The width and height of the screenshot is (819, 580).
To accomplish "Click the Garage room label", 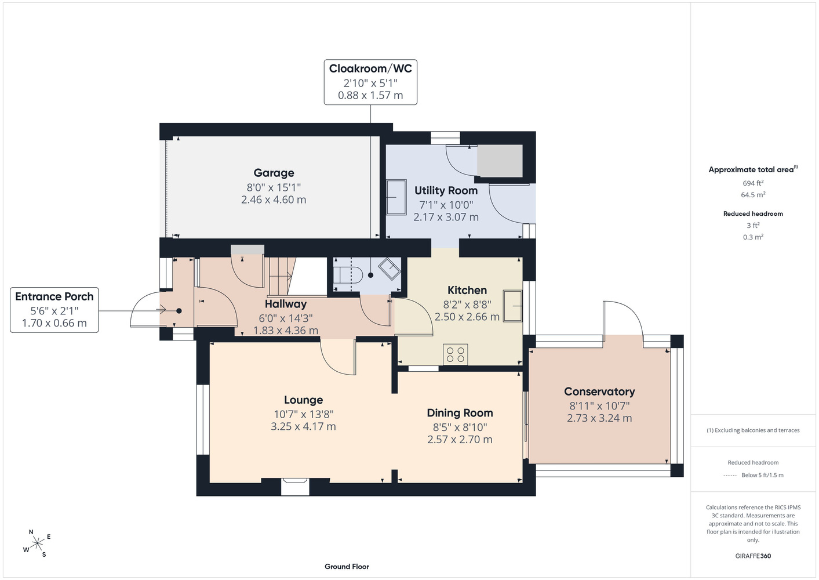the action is [x=274, y=173].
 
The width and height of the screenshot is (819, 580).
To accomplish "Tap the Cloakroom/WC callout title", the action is [x=370, y=68].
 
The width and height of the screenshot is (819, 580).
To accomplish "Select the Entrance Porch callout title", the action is [x=54, y=296].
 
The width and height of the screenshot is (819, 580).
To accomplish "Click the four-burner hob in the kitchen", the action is [x=455, y=354].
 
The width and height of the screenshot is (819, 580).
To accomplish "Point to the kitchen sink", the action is [x=512, y=306].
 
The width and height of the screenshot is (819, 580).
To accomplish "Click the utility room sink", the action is [x=396, y=197].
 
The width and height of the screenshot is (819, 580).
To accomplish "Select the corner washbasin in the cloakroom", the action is [x=390, y=269].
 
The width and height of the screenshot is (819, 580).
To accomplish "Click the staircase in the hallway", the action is [x=282, y=276].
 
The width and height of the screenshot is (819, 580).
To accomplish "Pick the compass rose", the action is [x=37, y=543].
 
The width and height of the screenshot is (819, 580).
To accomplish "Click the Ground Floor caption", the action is [x=347, y=567].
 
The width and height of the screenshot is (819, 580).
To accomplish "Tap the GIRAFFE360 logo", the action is [x=753, y=556].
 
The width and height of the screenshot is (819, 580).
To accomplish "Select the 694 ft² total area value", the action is [x=753, y=183].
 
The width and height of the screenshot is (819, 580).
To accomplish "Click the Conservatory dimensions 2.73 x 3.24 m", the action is [x=599, y=418].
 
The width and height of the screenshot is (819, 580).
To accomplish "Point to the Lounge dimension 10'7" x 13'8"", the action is [x=304, y=414].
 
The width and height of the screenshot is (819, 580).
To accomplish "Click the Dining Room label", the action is [x=460, y=413].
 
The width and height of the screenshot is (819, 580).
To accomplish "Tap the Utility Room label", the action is [x=446, y=190].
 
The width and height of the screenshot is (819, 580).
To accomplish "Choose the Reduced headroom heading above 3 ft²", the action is [x=753, y=213].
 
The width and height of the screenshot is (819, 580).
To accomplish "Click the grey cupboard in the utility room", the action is [x=500, y=161].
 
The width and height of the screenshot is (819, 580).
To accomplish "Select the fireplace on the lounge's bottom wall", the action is [x=294, y=487].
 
